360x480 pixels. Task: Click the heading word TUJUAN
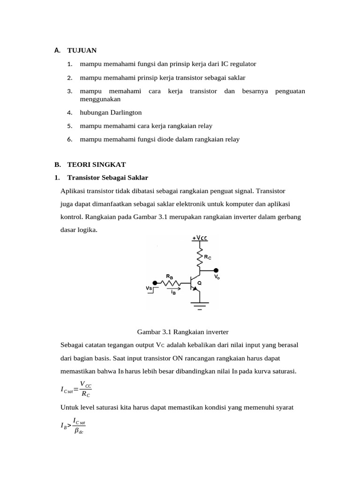pos(82,50)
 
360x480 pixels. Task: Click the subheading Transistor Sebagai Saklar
pos(108,178)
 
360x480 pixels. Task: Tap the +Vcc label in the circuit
pos(199,238)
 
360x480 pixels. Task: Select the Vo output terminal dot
pos(216,270)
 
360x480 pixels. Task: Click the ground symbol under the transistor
pos(199,305)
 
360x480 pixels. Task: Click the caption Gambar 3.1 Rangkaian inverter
pos(182,332)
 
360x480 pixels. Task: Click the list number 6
pos(69,139)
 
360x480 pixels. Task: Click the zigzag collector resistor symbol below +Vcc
pos(199,256)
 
